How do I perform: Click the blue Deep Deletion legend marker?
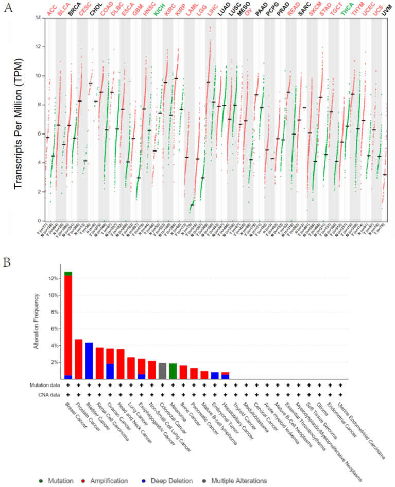click(149, 481)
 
